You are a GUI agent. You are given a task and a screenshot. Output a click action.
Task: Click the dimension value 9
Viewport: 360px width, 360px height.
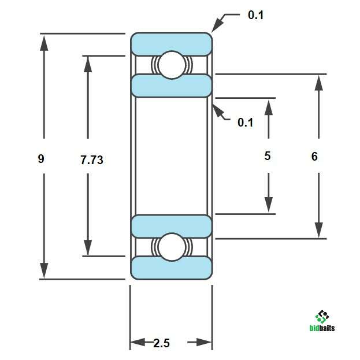pos(41,159)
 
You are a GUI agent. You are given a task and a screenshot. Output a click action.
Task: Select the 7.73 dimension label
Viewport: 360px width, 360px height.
pos(92,160)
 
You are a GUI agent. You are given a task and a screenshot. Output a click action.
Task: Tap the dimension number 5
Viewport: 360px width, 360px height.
pos(268,156)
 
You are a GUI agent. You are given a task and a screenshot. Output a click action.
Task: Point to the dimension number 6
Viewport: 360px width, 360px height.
pos(314,157)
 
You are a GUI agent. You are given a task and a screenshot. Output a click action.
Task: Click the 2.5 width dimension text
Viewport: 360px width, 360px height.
pos(161,343)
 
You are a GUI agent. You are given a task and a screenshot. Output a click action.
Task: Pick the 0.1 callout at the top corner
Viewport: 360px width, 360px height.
pos(256,15)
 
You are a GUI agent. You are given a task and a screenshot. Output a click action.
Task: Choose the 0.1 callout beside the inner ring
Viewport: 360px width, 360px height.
pos(246,123)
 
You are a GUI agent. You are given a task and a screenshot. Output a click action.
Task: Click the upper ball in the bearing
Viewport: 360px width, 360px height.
pos(172,65)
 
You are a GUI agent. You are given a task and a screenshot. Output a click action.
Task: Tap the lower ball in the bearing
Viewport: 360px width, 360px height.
pos(172,247)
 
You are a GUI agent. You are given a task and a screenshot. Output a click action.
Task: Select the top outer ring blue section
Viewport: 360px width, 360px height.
pos(172,44)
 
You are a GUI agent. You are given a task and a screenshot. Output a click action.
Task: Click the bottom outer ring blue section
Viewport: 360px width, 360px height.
pos(172,268)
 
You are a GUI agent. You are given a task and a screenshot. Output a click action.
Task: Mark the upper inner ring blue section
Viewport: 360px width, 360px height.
pos(172,86)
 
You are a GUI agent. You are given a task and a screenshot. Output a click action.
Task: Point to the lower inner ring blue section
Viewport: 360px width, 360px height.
pos(172,227)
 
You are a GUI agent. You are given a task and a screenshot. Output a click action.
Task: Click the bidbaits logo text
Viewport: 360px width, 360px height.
pos(322,328)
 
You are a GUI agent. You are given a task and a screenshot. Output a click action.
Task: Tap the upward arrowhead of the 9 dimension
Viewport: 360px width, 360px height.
pos(44,43)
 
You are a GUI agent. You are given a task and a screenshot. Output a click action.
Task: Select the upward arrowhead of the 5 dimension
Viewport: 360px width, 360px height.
pos(268,107)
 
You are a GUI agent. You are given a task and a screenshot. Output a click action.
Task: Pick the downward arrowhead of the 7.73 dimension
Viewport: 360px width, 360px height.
pos(88,247)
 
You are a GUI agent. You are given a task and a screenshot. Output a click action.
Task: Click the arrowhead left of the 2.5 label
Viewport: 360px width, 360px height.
pos(138,342)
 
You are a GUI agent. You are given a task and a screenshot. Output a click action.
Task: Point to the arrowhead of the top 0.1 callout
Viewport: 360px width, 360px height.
pos(217,24)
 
